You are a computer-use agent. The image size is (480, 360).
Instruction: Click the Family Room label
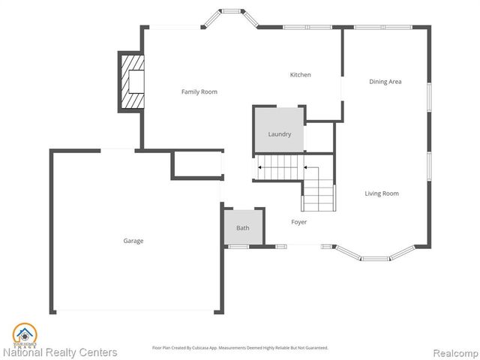199,91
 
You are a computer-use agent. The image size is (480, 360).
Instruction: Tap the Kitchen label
301,74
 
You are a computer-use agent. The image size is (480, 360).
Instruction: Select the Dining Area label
385,81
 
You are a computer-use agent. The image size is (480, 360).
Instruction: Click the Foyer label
298,222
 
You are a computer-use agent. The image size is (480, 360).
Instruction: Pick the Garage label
133,241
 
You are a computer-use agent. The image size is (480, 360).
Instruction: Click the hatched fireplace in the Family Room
131,81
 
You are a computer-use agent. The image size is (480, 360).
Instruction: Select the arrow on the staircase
260,168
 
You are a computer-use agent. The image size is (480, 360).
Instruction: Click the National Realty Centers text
60,352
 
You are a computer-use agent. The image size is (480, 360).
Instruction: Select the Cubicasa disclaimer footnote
240,347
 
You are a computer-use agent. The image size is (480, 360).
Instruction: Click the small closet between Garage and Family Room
196,165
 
